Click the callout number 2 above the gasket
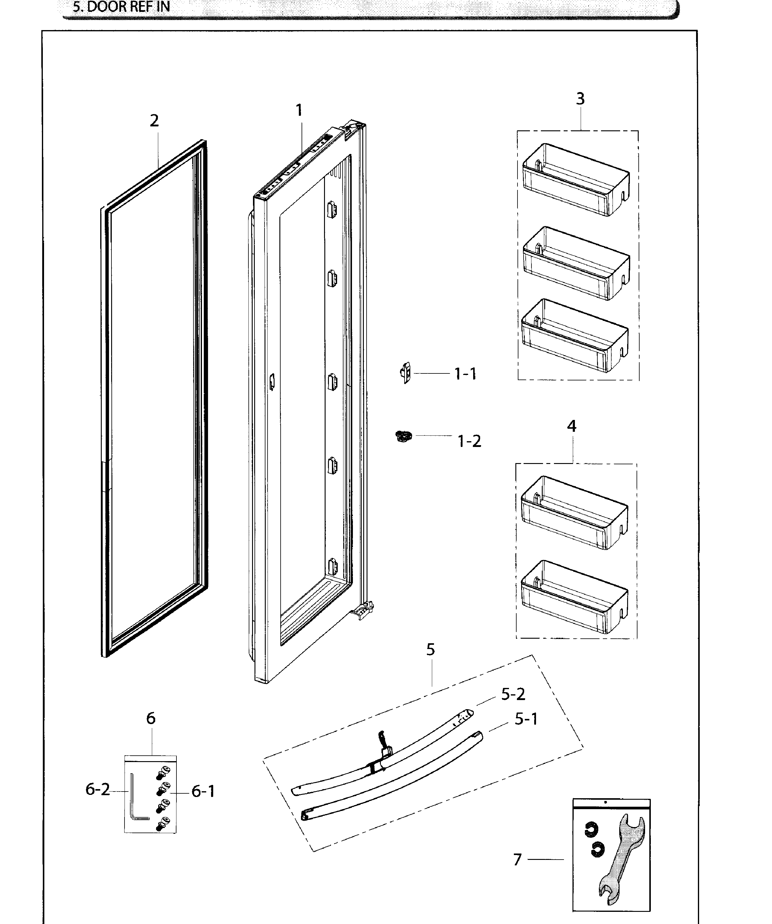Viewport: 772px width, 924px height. click(154, 121)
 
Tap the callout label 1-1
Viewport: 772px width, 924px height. click(465, 374)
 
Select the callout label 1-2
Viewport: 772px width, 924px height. click(469, 441)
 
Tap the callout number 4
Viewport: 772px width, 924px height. click(572, 426)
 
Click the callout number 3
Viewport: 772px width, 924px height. click(580, 98)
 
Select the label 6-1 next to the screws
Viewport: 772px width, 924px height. click(203, 792)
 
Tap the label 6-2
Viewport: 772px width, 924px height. click(97, 789)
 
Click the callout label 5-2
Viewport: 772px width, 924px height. click(513, 694)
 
